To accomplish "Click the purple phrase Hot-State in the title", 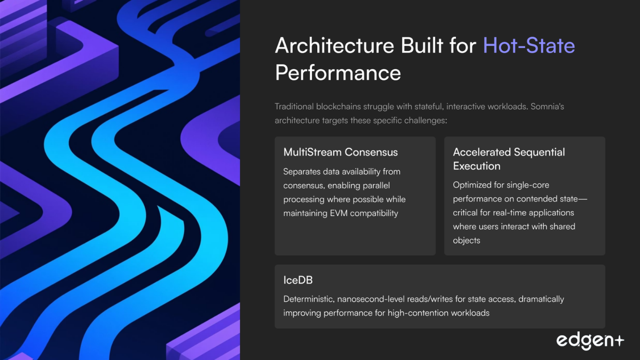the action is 529,46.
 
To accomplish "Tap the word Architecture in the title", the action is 335,46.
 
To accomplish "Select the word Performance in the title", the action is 338,73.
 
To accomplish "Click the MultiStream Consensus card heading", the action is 341,152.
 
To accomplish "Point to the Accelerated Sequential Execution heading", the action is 509,159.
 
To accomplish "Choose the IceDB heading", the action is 298,280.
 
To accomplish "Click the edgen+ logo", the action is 590,341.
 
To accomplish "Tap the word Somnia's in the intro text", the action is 547,107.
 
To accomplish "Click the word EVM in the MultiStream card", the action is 339,213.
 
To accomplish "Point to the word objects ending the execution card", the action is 466,240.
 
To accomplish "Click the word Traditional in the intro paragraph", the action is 294,107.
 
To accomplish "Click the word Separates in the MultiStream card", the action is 302,172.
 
